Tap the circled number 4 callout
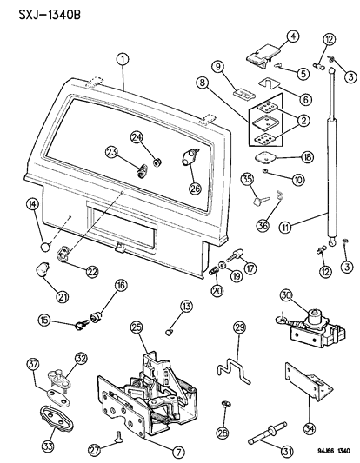tap(292, 36)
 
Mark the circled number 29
tap(241, 327)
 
